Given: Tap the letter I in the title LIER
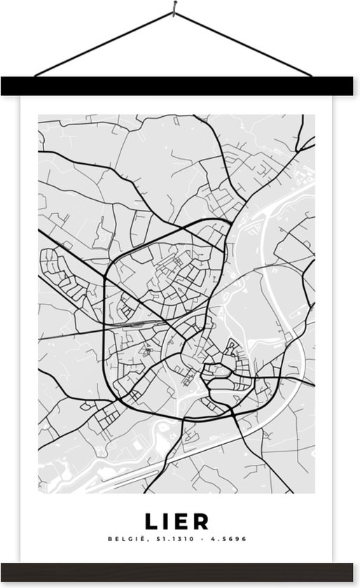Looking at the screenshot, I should (x=168, y=521).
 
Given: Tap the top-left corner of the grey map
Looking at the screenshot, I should (x=39, y=115).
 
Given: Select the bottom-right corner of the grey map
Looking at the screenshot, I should (x=314, y=492).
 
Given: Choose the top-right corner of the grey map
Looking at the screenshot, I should (x=314, y=115).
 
